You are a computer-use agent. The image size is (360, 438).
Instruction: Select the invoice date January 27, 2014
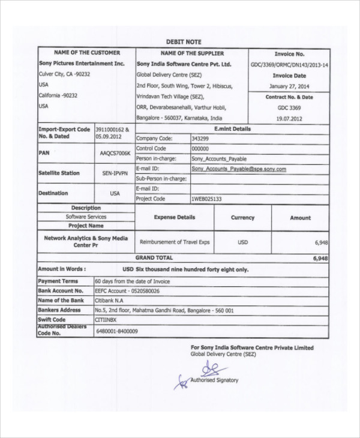coord(289,86)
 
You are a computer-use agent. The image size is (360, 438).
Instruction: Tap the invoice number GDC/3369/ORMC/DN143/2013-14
coord(289,64)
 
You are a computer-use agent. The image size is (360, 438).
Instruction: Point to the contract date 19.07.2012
coord(289,118)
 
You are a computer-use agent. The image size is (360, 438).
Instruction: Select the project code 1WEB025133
coord(206,198)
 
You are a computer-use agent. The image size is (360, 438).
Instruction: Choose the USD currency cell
coord(242,242)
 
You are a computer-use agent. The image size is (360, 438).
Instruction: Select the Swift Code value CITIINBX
coord(107,320)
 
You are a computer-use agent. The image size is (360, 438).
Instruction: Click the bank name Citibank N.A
coord(110,300)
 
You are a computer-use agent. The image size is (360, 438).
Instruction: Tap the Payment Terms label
coord(58,281)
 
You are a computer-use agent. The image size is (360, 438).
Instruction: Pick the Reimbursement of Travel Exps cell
coord(175,242)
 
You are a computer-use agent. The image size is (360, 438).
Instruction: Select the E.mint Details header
coord(232,128)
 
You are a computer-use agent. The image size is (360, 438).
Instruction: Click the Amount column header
coord(300,218)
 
